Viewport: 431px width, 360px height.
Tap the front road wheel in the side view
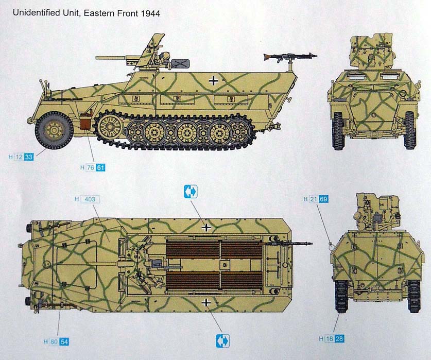coord(54,130)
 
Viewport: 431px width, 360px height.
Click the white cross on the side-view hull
coord(213,80)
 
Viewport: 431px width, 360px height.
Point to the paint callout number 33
coord(29,157)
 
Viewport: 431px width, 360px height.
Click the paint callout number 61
coord(100,167)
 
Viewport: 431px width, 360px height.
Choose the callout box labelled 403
coord(90,199)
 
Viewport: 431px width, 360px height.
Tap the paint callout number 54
coord(64,342)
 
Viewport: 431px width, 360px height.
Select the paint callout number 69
coord(323,199)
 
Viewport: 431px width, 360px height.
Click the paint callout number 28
coord(339,339)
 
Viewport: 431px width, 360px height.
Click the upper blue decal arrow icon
coord(191,192)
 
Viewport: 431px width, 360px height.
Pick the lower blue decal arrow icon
coord(222,341)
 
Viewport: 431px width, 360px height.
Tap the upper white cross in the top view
coord(206,228)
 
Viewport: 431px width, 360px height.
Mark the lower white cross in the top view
coord(206,303)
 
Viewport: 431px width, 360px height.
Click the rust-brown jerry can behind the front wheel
coord(85,120)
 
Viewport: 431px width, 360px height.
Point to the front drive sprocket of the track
coord(109,127)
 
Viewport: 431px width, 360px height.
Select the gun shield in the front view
coord(371,52)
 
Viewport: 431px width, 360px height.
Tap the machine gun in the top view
coord(286,244)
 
